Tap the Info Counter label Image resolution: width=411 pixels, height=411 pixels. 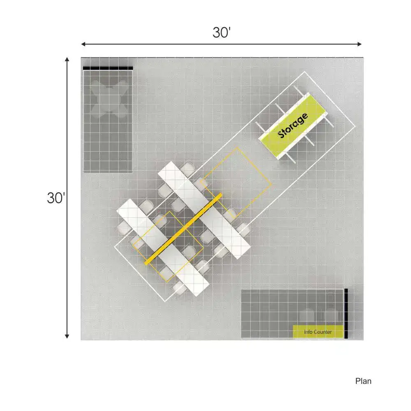318,332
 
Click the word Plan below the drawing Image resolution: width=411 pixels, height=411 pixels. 363,381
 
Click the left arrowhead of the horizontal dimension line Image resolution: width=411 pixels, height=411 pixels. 83,44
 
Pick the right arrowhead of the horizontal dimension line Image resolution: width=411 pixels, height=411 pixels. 359,44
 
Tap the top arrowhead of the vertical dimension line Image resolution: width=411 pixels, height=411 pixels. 67,60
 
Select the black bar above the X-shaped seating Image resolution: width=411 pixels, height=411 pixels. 108,68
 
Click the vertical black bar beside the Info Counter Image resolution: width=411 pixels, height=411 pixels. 346,314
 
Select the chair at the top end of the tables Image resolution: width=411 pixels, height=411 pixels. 188,169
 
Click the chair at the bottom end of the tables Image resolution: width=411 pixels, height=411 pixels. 179,287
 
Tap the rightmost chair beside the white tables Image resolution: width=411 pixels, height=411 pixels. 244,229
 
